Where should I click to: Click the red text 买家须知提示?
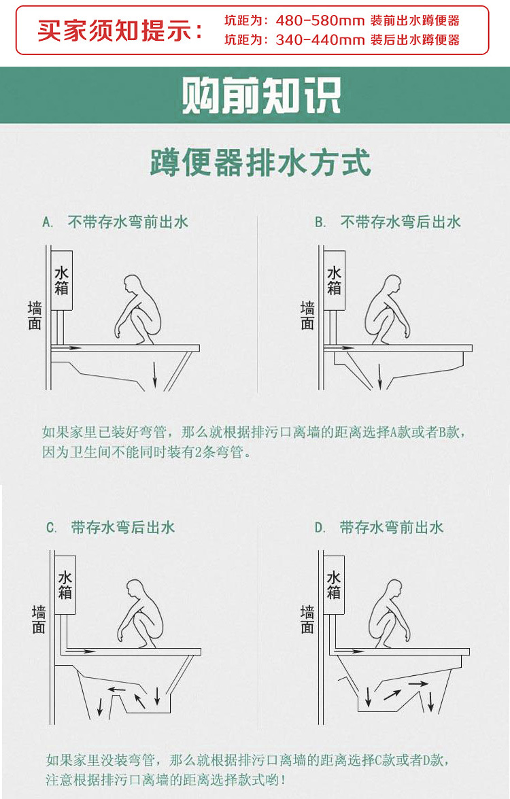pyautogui.click(x=120, y=31)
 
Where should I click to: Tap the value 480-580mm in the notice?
pyautogui.click(x=320, y=20)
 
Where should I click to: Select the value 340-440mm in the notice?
pyautogui.click(x=320, y=40)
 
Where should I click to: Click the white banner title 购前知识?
pyautogui.click(x=261, y=96)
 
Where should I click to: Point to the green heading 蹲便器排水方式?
pyautogui.click(x=261, y=163)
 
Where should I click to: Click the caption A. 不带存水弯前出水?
pyautogui.click(x=115, y=222)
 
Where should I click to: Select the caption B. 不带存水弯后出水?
pyautogui.click(x=388, y=222)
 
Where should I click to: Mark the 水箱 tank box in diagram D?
pyautogui.click(x=333, y=585)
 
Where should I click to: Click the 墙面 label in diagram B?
pyautogui.click(x=307, y=316)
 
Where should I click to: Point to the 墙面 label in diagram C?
pyautogui.click(x=38, y=619)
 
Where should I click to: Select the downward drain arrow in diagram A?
pyautogui.click(x=155, y=374)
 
